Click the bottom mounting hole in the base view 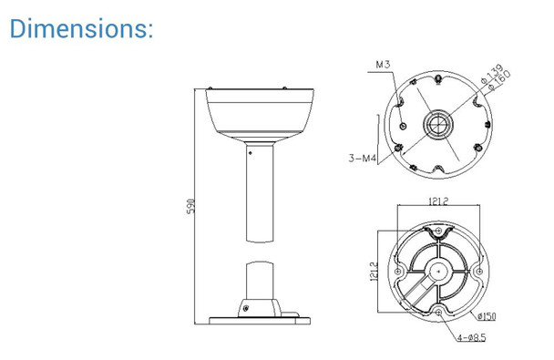(440, 313)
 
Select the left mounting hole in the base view (398, 271)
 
